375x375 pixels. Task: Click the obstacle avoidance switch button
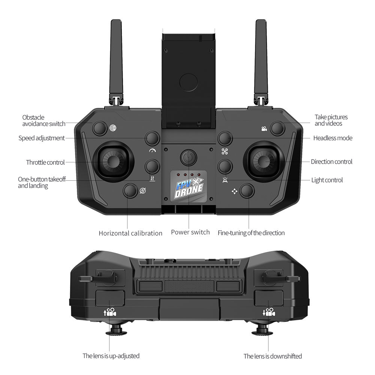(99, 128)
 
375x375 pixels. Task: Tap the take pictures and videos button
(277, 128)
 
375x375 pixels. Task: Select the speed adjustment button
(152, 138)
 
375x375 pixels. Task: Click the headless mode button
(225, 138)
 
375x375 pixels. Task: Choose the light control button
(225, 166)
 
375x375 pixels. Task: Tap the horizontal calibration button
(130, 191)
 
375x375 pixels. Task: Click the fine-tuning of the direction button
(247, 191)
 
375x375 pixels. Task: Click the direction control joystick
(264, 162)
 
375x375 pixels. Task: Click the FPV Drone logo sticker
(189, 187)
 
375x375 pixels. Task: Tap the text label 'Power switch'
(190, 232)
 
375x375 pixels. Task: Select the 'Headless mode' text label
(333, 138)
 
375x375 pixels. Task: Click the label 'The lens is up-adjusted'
(111, 356)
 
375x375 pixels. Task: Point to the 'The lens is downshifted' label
(273, 356)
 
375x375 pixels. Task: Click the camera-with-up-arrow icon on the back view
(110, 312)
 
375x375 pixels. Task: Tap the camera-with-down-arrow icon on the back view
(269, 312)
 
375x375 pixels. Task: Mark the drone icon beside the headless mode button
(225, 151)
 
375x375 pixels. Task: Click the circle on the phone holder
(189, 82)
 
